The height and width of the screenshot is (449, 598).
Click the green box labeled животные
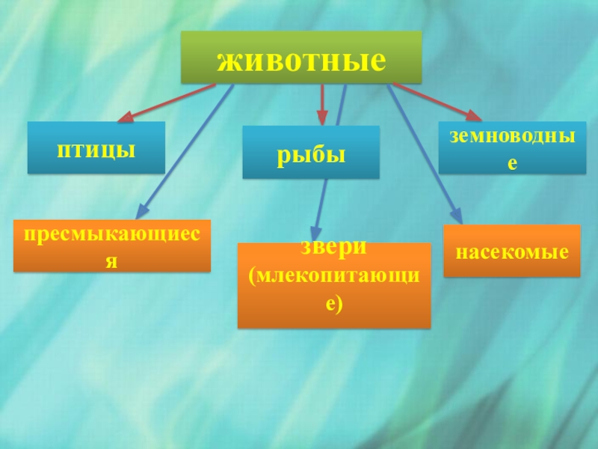[x=301, y=57]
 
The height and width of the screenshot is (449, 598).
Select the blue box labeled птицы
[x=96, y=148]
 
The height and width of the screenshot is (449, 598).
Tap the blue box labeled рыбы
[x=311, y=153]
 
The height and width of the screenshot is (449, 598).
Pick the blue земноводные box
[x=512, y=147]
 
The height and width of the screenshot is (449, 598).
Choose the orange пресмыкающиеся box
[x=112, y=245]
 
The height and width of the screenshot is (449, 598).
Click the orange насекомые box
[x=512, y=251]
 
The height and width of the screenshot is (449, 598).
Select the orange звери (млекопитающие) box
[x=334, y=285]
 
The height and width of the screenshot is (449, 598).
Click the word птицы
[x=96, y=149]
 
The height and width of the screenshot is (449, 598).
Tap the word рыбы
[x=311, y=154]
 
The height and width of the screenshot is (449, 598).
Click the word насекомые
[x=512, y=251]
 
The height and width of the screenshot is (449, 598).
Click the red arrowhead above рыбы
[x=322, y=117]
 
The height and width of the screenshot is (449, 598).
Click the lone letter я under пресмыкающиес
[x=112, y=261]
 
